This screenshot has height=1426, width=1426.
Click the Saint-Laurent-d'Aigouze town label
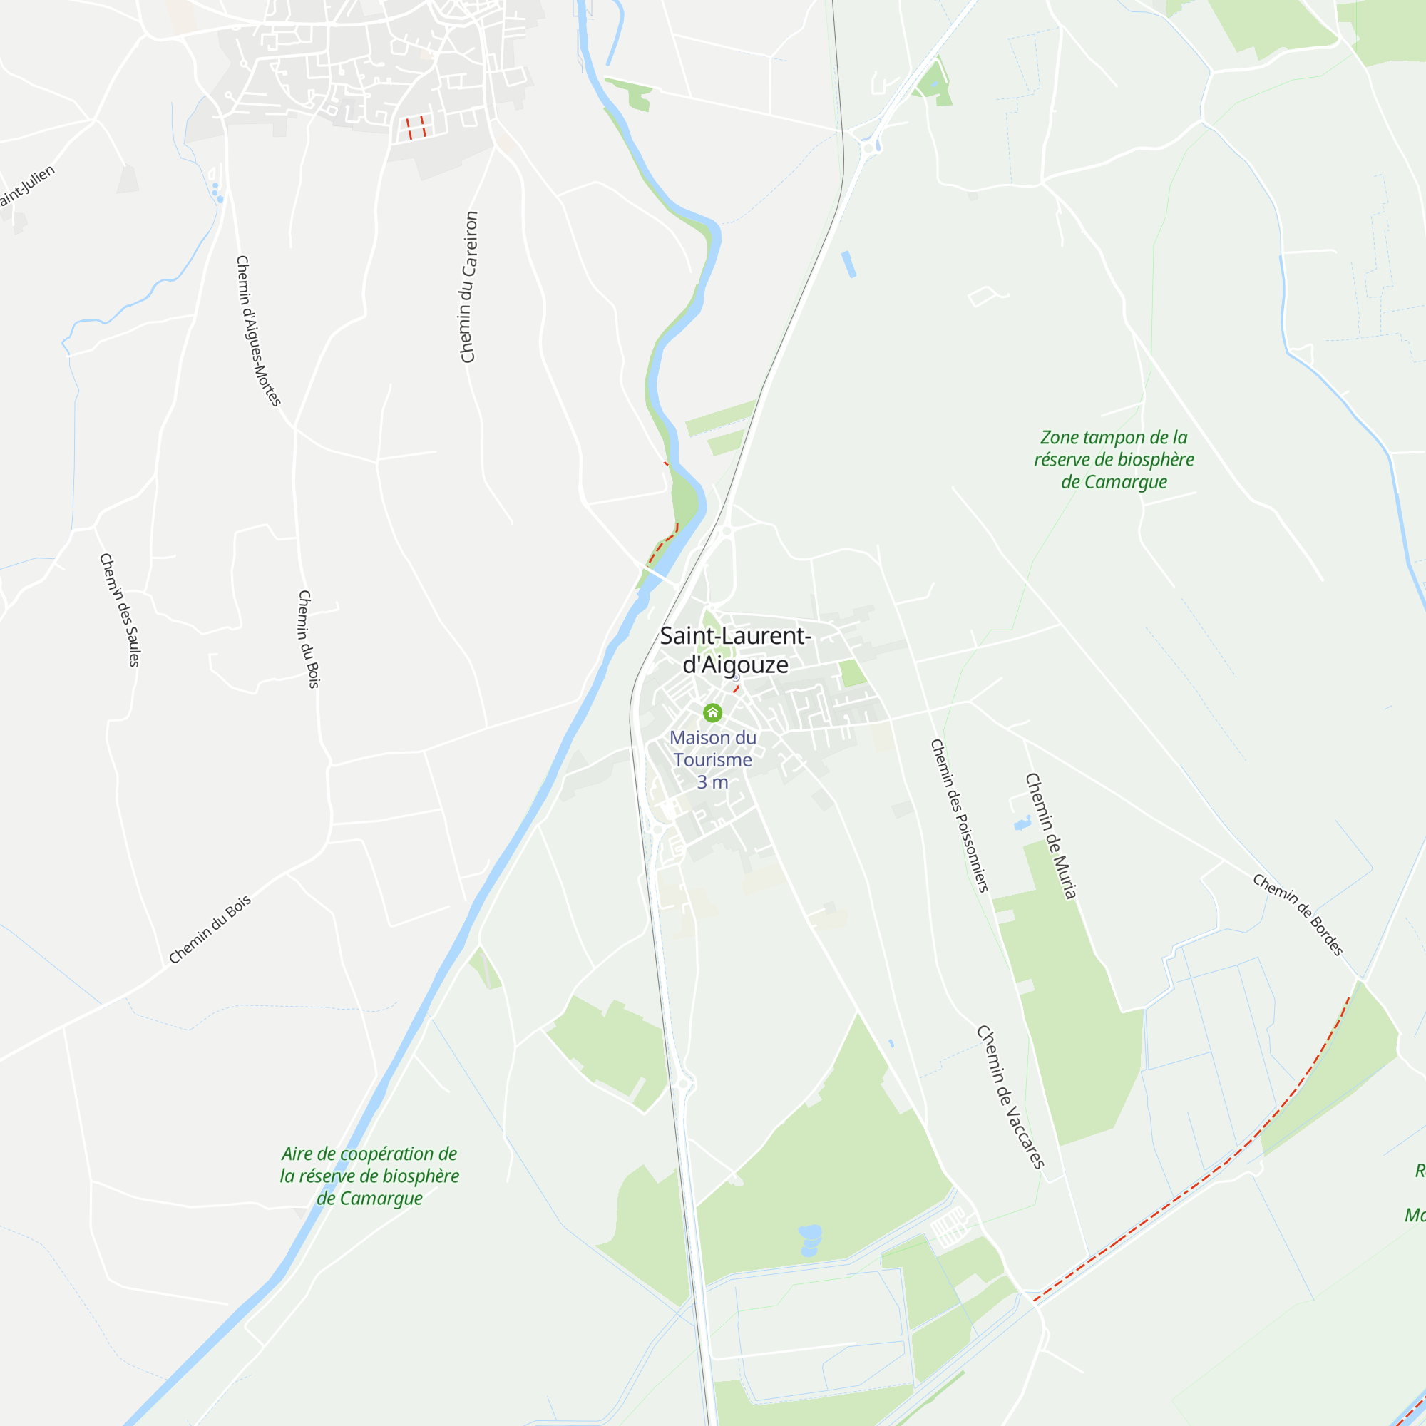(735, 650)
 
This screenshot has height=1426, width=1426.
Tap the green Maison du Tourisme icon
(712, 713)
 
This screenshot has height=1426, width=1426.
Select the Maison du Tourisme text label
(712, 749)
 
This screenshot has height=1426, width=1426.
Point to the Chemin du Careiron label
(468, 287)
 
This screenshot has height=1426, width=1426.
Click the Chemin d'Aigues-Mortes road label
(257, 331)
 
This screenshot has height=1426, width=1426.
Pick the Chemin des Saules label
(120, 610)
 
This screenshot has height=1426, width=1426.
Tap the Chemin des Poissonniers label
(959, 815)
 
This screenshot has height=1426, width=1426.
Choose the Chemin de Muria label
(1051, 836)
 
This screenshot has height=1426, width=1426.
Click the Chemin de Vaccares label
(1010, 1097)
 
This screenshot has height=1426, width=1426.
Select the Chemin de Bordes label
(1298, 915)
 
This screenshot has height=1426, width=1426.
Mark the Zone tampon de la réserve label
(1114, 460)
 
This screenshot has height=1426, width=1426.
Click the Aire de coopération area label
(369, 1176)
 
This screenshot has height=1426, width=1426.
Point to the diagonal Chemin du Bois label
(210, 930)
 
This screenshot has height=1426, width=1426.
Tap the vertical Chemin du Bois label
(309, 639)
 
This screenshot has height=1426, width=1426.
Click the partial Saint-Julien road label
(26, 187)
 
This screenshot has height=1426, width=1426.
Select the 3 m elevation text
(712, 782)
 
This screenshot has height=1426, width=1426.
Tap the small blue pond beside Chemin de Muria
(1022, 823)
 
